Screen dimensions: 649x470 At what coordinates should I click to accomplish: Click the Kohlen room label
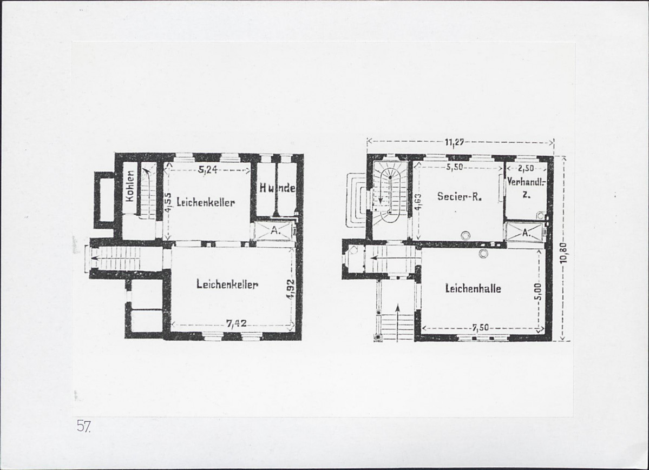130,186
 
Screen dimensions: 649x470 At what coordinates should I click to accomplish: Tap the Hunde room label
277,188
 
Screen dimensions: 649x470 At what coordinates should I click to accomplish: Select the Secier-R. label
460,196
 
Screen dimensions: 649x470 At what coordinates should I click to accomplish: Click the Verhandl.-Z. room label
527,188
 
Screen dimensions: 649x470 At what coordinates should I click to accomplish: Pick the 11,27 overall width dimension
454,143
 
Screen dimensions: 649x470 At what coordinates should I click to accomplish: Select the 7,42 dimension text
237,324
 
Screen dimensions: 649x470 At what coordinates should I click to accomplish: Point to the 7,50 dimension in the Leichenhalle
481,328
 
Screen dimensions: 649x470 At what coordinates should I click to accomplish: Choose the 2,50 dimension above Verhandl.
526,169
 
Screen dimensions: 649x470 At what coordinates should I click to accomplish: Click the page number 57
83,426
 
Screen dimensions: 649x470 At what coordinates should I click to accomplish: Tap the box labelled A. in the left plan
274,231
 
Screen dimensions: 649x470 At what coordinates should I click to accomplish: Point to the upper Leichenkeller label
206,202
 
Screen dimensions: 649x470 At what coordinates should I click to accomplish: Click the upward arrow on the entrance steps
397,323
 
